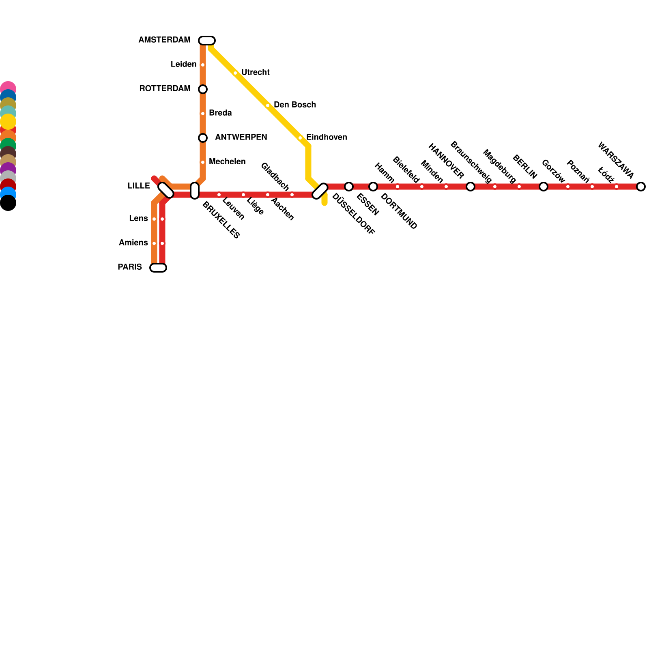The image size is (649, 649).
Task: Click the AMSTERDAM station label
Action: (x=164, y=40)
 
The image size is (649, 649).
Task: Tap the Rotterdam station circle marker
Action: (x=203, y=89)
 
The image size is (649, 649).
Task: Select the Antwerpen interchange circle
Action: (x=203, y=138)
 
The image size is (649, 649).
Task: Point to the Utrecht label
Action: (x=255, y=73)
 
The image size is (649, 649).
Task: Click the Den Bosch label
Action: (x=294, y=105)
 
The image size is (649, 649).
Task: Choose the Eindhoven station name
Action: (x=327, y=138)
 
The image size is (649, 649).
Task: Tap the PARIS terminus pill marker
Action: (x=158, y=268)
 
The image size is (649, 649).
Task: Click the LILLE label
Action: (x=139, y=186)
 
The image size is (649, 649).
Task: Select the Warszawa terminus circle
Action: (x=641, y=187)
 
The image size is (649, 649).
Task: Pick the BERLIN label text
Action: (x=524, y=167)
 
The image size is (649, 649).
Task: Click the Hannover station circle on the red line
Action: (x=471, y=187)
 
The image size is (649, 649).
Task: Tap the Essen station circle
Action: (x=349, y=187)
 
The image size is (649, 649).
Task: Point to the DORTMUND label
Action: (x=399, y=211)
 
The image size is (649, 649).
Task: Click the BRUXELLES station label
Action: (x=221, y=219)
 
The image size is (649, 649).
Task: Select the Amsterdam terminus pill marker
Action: (x=207, y=41)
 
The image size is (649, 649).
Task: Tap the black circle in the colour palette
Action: (x=8, y=203)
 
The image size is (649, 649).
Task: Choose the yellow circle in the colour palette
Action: (x=8, y=122)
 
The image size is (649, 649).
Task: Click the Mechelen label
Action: (x=227, y=162)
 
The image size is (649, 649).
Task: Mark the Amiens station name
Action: (x=133, y=243)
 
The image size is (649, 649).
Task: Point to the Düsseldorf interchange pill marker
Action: (x=320, y=191)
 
